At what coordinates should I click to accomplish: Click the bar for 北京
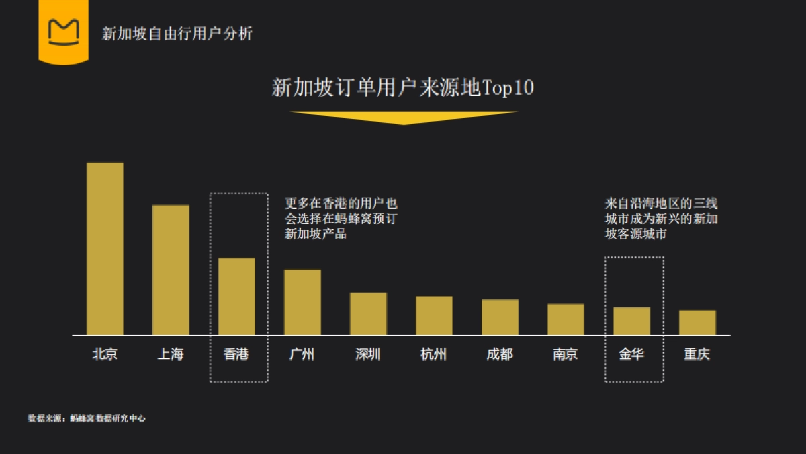pos(105,248)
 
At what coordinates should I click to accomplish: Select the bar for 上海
pos(171,270)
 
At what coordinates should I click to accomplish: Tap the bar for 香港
pos(236,296)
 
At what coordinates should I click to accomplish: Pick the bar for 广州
pos(302,302)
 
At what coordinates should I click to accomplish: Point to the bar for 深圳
pos(368,313)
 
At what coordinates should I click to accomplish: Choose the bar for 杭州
pos(434,315)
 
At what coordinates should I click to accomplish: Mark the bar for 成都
pos(500,317)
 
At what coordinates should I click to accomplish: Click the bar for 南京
pos(566,319)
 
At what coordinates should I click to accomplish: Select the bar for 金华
pos(631,321)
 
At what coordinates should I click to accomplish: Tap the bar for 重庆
pos(697,322)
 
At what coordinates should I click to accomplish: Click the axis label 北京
pos(105,354)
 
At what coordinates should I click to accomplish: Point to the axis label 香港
pos(236,354)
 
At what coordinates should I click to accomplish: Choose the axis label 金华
pos(631,354)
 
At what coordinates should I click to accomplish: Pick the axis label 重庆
pos(697,354)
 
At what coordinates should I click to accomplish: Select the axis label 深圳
pos(368,354)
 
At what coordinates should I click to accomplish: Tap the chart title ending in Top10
pos(402,88)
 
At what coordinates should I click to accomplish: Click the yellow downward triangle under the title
pos(403,117)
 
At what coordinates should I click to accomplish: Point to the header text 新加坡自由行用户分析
pos(177,33)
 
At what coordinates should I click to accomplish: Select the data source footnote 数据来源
pos(87,418)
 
